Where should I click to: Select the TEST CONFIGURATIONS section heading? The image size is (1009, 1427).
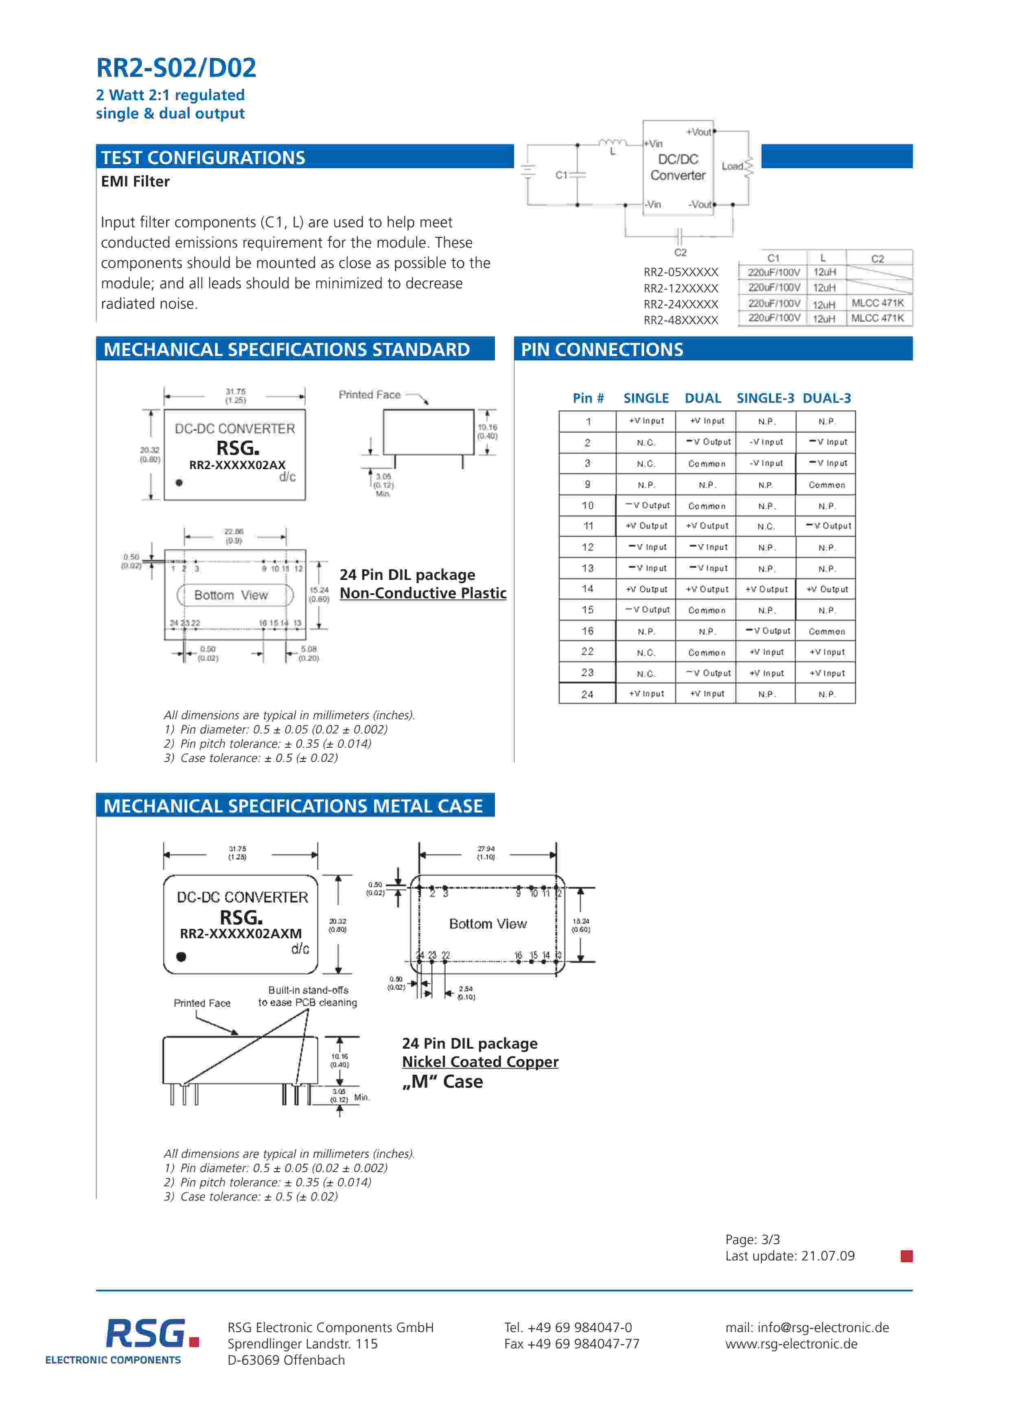(203, 158)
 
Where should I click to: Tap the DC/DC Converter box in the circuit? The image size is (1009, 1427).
(678, 168)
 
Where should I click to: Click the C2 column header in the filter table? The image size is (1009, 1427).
(877, 259)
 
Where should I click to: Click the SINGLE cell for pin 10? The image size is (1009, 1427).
(647, 505)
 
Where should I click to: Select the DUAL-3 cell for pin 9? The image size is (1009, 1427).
(826, 485)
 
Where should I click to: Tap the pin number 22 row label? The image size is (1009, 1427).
(587, 651)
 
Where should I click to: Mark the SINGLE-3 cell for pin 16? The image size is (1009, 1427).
(767, 631)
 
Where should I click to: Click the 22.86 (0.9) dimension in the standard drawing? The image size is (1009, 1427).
(234, 536)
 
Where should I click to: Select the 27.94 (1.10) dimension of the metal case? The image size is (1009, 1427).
(486, 853)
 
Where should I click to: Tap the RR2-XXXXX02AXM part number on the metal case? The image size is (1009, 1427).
(241, 933)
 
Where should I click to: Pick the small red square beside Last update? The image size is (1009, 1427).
(906, 1256)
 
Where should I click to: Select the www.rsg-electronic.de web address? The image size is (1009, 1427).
(791, 1344)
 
